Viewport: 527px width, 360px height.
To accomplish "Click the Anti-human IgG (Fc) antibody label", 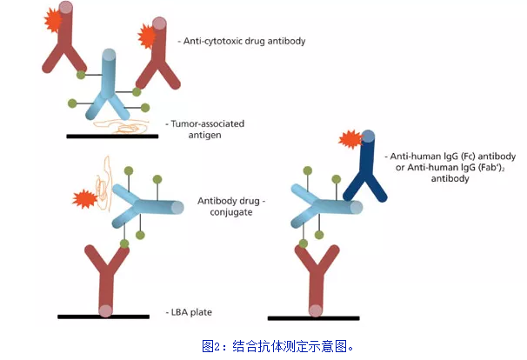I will (x=431, y=157).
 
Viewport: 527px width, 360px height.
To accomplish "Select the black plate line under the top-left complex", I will (x=112, y=137).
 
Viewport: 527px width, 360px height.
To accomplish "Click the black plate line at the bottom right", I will (x=313, y=318).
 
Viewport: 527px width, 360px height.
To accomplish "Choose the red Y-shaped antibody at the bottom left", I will (x=104, y=274).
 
